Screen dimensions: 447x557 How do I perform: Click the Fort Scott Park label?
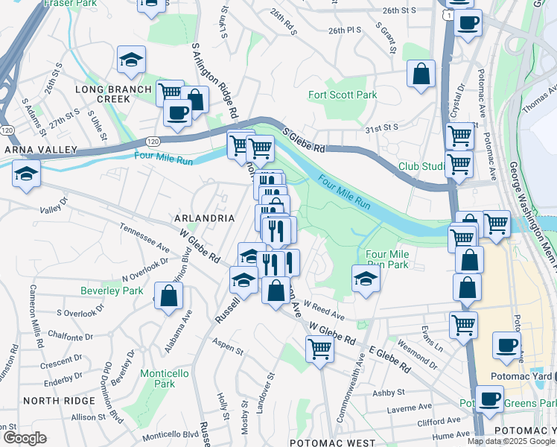[x=343, y=95]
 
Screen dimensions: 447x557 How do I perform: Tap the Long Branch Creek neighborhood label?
[x=103, y=95]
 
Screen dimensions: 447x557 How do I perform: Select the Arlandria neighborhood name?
[x=204, y=218]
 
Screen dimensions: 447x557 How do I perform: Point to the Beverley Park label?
[x=112, y=291]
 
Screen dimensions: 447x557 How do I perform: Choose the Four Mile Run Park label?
[x=387, y=259]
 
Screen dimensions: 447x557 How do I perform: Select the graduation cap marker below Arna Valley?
[x=27, y=174]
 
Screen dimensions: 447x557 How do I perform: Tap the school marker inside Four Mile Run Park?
[x=366, y=279]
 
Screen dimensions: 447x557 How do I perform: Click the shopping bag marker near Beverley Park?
[x=169, y=295]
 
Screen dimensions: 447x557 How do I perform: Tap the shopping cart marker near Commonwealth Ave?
[x=319, y=348]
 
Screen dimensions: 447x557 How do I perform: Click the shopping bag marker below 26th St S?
[x=421, y=74]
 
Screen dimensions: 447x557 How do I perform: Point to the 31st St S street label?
[x=382, y=129]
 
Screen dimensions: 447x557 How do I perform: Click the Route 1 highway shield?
[x=445, y=14]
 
